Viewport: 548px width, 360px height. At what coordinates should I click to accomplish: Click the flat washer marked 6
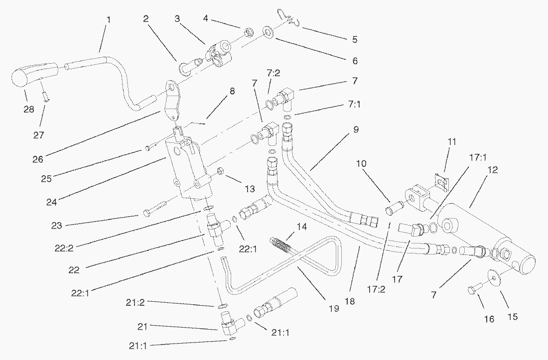(x=268, y=33)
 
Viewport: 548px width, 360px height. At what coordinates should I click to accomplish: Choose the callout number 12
(x=493, y=170)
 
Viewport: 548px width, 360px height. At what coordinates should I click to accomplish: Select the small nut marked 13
(x=221, y=172)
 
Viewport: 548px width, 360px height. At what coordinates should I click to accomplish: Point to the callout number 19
(x=333, y=309)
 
